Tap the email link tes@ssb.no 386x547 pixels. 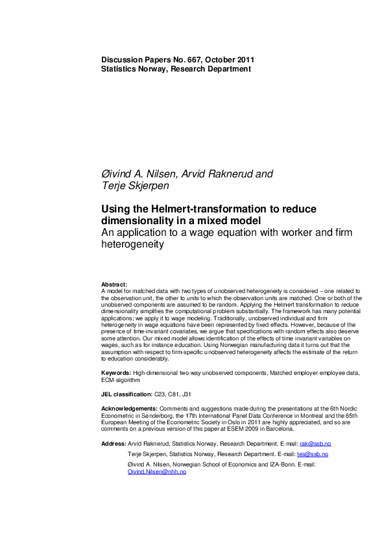[x=312, y=454]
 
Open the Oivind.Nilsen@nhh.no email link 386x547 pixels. [x=157, y=472]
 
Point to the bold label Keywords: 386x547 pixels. [x=117, y=373]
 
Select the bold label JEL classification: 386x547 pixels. [x=127, y=394]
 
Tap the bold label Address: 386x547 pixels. [x=114, y=443]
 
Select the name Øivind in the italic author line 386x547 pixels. [x=118, y=174]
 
